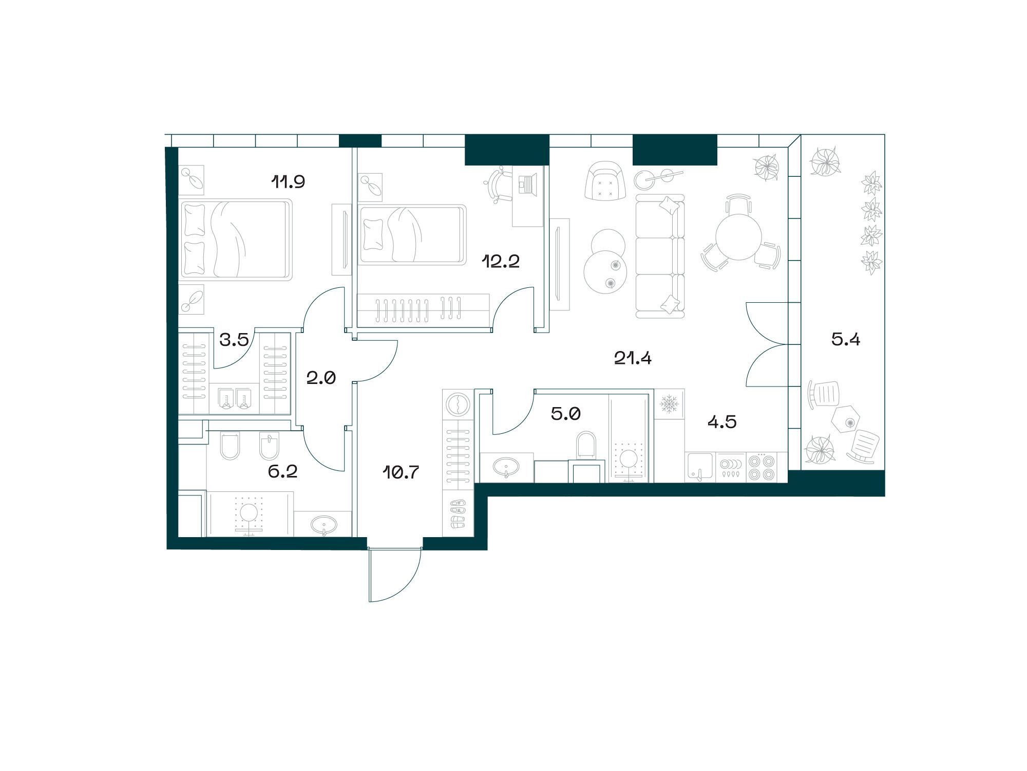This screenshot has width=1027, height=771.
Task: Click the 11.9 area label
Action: click(289, 182)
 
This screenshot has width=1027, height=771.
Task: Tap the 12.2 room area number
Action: click(501, 262)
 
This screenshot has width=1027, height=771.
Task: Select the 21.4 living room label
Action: click(633, 358)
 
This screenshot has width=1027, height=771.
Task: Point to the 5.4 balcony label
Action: click(846, 339)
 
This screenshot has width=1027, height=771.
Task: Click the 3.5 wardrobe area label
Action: click(234, 339)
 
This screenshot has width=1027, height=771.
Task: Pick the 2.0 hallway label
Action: click(321, 378)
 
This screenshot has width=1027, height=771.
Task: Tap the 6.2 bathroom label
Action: click(282, 471)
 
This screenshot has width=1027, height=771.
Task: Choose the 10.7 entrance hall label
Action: click(401, 471)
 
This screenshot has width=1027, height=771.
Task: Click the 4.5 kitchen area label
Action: click(722, 422)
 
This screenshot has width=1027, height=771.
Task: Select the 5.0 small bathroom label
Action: click(565, 413)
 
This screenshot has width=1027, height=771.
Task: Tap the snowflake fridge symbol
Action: click(670, 404)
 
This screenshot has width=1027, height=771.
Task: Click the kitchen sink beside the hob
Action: click(699, 467)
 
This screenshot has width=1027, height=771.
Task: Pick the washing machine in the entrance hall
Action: click(457, 403)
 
